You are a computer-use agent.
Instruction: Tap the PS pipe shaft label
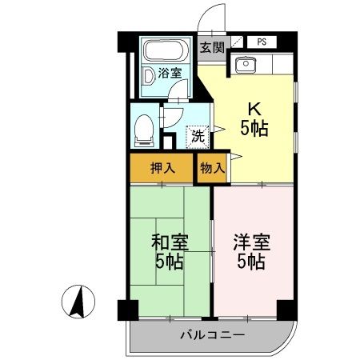point(262,42)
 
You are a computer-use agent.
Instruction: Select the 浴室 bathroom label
point(169,74)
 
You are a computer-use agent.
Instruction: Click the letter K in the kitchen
point(254,107)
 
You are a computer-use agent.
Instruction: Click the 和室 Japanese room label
point(168,241)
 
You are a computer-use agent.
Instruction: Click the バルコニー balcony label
point(206,334)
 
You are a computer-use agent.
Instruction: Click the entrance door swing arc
point(210,18)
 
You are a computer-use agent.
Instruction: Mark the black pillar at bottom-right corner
point(286,308)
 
